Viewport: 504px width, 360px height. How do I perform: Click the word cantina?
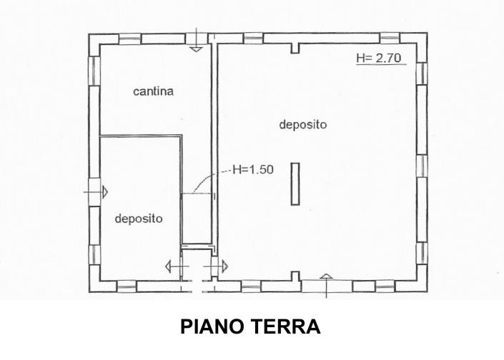154,91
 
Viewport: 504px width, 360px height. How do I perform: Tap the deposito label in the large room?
302,124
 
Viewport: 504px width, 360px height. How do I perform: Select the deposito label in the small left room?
139,219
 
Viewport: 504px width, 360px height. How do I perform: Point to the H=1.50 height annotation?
249,170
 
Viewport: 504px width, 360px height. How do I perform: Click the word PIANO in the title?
212,327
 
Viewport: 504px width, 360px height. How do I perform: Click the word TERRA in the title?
287,327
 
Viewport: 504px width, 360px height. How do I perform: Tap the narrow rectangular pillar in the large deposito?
295,184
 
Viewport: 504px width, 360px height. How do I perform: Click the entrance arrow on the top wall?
196,42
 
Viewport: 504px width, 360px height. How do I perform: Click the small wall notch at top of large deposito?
295,48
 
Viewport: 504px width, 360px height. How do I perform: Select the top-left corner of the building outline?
89,34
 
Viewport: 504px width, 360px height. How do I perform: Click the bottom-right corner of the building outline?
427,291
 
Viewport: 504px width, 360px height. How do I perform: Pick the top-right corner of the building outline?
427,34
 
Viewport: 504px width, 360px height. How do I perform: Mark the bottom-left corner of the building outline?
89,291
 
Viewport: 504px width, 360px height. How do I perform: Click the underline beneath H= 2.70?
382,66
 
